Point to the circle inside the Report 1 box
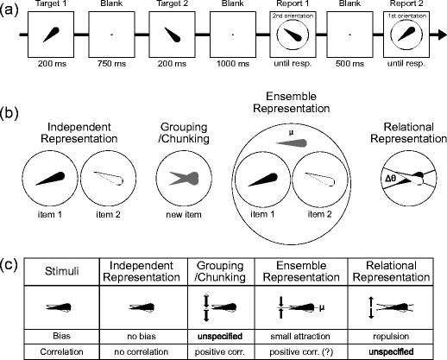(288, 38)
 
